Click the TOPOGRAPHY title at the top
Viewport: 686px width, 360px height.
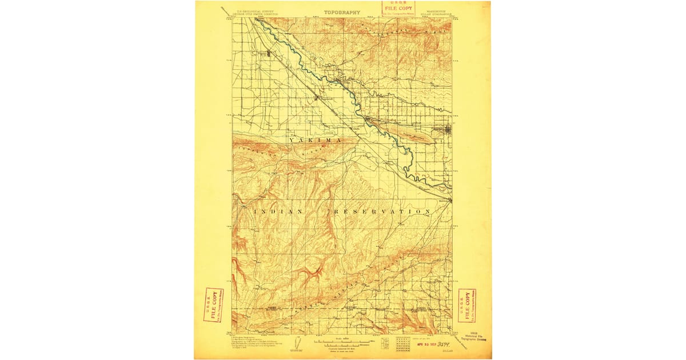tap(342, 12)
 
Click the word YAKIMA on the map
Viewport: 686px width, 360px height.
tap(314, 140)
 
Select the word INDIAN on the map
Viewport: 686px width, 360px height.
tap(277, 211)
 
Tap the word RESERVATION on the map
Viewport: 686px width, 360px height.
tap(381, 211)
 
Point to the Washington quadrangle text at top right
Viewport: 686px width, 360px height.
tap(436, 12)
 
